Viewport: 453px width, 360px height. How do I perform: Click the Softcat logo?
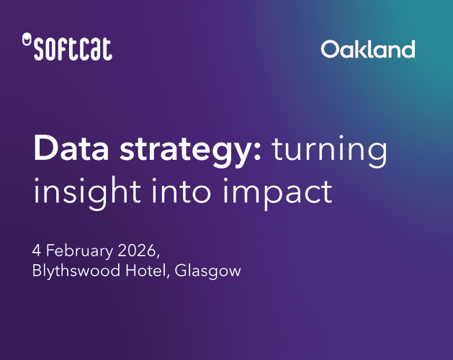click(68, 49)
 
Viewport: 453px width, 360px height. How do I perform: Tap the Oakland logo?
click(368, 50)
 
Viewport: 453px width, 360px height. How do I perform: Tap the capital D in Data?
click(44, 149)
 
